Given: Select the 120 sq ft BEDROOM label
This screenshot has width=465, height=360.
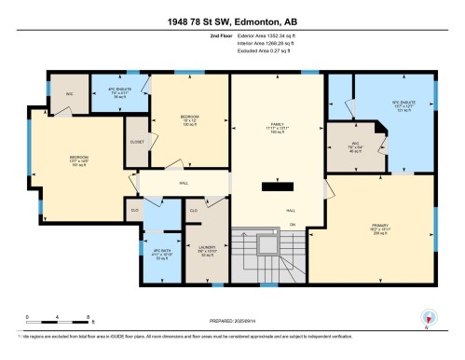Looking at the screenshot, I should coord(190,118).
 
